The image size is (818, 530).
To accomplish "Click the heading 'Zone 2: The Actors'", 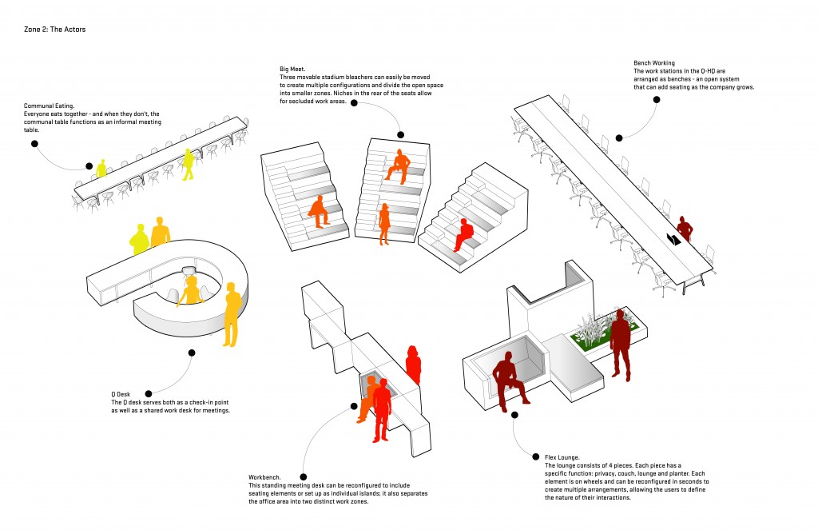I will click(x=54, y=30).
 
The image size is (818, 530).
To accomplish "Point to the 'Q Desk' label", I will click(x=120, y=394).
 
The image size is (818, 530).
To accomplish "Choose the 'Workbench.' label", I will click(x=265, y=477).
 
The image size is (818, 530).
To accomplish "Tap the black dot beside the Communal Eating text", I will click(x=35, y=143).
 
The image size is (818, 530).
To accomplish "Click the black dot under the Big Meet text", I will click(x=401, y=135).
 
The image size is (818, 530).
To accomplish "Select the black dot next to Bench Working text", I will click(x=656, y=100).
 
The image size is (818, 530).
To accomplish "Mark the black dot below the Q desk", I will click(x=191, y=353).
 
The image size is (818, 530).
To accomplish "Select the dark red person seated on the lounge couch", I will click(x=509, y=379).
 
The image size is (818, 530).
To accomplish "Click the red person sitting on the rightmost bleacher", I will click(x=463, y=236).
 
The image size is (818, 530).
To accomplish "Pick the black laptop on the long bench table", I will click(x=673, y=238).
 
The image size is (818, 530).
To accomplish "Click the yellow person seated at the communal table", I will click(x=101, y=169).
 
